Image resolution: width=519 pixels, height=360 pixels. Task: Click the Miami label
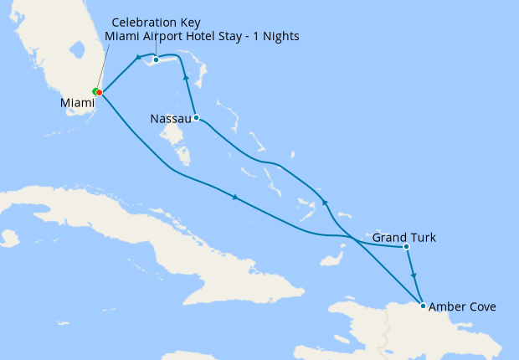pos(77,103)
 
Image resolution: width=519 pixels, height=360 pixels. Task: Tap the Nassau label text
pos(170,119)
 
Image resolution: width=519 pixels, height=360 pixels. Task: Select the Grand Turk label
pos(403,239)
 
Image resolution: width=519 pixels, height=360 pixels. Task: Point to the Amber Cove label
pos(462,307)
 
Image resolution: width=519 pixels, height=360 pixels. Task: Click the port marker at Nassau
pos(195,117)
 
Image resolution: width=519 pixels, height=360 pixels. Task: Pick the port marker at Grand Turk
pos(406,247)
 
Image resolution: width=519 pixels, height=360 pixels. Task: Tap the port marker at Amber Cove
pos(423,305)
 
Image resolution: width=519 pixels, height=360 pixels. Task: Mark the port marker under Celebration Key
pos(156,59)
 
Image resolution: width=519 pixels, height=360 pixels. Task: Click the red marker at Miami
pos(99,92)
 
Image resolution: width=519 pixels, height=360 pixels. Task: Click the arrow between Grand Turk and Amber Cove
pos(414,275)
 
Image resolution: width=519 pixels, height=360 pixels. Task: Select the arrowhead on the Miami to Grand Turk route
pos(236,198)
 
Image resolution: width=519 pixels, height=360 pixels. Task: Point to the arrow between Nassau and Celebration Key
pos(186,80)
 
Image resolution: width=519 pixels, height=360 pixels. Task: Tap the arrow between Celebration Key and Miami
pos(137,58)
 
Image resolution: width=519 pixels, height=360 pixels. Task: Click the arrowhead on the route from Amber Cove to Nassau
pos(325,203)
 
